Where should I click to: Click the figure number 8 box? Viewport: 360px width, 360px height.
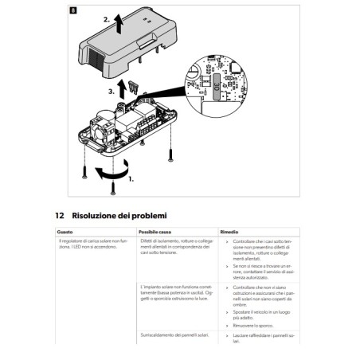click(x=72, y=10)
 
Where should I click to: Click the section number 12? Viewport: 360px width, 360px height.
click(x=60, y=215)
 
